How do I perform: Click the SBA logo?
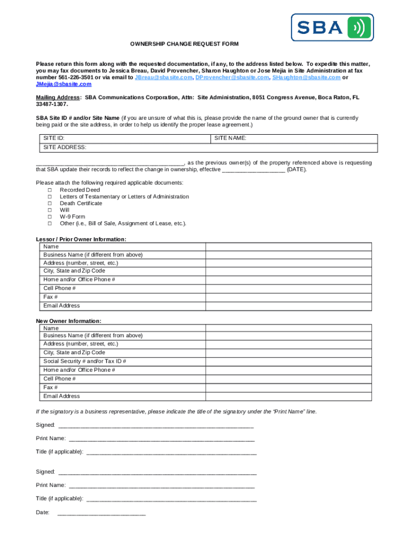tap(332, 27)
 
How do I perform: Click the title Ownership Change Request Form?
tap(177, 43)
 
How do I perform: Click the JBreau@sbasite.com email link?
tap(164, 77)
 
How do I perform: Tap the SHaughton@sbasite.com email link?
tap(306, 77)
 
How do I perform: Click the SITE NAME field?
tap(294, 138)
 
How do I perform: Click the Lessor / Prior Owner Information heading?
tap(81, 239)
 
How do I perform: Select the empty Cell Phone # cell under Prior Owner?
tap(289, 288)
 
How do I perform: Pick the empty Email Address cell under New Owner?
tap(289, 396)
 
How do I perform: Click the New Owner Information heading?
tap(68, 321)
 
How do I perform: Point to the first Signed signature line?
tap(156, 425)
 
